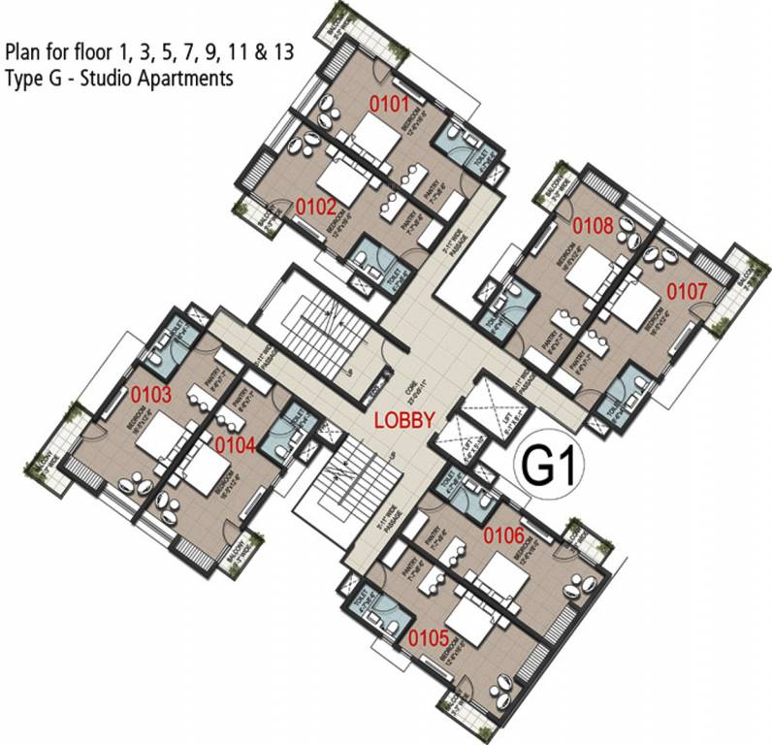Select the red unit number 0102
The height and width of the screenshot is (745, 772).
tap(316, 206)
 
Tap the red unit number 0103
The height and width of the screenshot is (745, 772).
tap(151, 395)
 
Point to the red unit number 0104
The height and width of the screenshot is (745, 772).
tap(235, 445)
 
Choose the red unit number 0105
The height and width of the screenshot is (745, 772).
tap(428, 638)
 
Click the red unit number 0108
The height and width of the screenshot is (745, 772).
tap(592, 227)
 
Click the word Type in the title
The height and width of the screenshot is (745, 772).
tap(25, 80)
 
